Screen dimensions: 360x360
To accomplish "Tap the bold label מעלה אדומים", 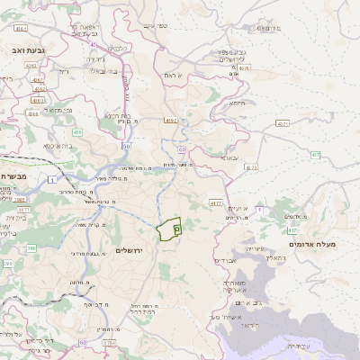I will pos(312,244).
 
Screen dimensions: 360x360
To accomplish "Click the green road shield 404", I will pos(77,133).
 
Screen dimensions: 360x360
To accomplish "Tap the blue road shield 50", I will pos(126,145).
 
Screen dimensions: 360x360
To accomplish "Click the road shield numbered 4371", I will pos(283,123).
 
